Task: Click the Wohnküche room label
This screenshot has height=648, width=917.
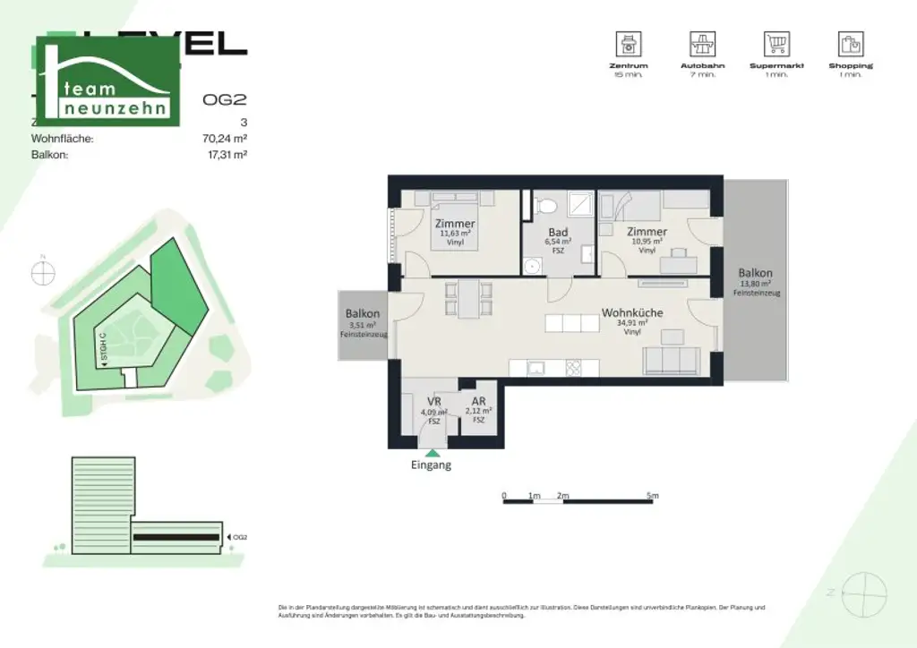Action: pos(631,313)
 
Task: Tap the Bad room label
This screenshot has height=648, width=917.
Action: pos(559,232)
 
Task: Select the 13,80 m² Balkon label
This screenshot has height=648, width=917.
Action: pos(755,274)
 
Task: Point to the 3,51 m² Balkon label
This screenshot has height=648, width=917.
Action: pos(364,314)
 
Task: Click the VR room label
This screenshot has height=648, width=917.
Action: pos(433,402)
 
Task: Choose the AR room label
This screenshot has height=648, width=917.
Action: pos(479,402)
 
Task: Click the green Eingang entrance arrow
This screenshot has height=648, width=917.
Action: pos(433,453)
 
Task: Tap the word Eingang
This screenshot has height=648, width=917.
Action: pos(431,465)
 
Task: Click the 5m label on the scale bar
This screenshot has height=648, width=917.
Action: pos(653,495)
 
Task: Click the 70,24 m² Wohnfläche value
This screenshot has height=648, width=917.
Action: pos(225,139)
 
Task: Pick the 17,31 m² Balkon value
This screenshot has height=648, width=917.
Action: pos(227,154)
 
